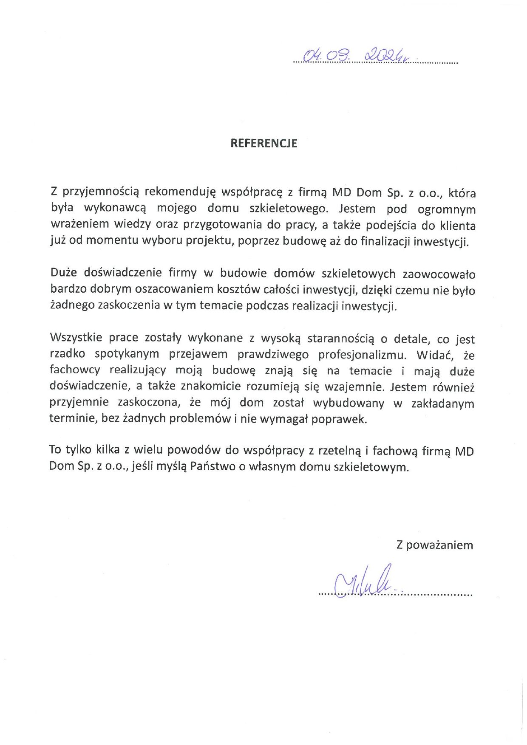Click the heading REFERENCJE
tap(263, 143)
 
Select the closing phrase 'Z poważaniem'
tap(434, 545)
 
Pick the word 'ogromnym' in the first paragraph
tap(446, 209)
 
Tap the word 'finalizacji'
tap(385, 241)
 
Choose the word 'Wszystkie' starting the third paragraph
tap(76, 337)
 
